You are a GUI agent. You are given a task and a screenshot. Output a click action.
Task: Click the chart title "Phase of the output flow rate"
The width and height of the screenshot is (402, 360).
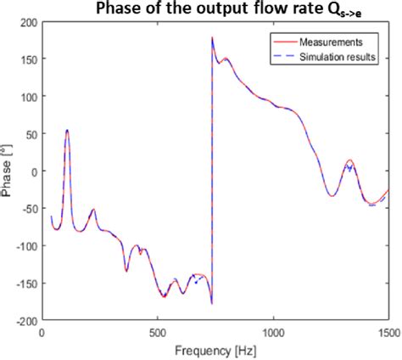tap(201, 9)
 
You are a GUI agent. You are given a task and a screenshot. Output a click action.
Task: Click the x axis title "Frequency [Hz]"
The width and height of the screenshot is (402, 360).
tap(215, 350)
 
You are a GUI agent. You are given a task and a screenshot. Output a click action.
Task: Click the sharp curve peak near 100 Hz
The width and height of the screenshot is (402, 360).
tap(67, 130)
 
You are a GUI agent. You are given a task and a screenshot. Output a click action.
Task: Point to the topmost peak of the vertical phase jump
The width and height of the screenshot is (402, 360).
tap(212, 37)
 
